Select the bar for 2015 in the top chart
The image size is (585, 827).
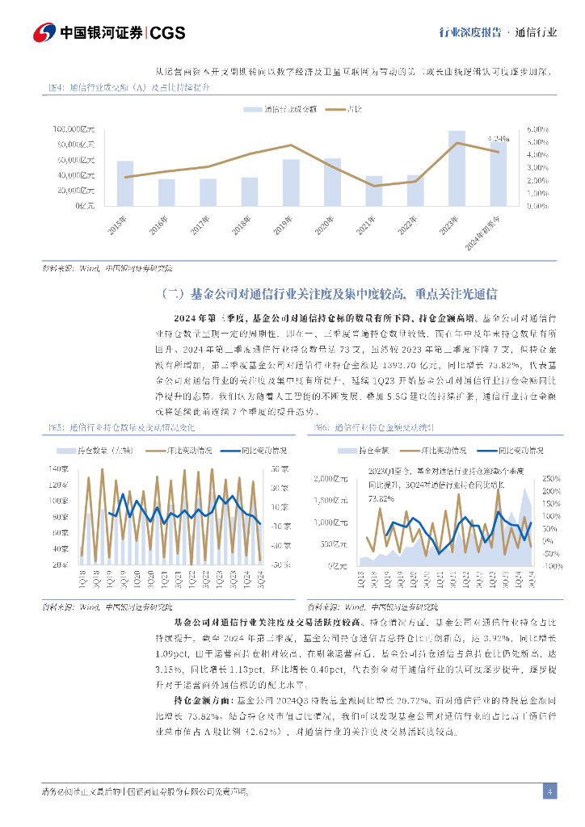[x=125, y=183]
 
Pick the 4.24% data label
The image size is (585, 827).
[x=499, y=139]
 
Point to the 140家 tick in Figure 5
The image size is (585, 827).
[x=59, y=469]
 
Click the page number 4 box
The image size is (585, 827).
[x=549, y=791]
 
